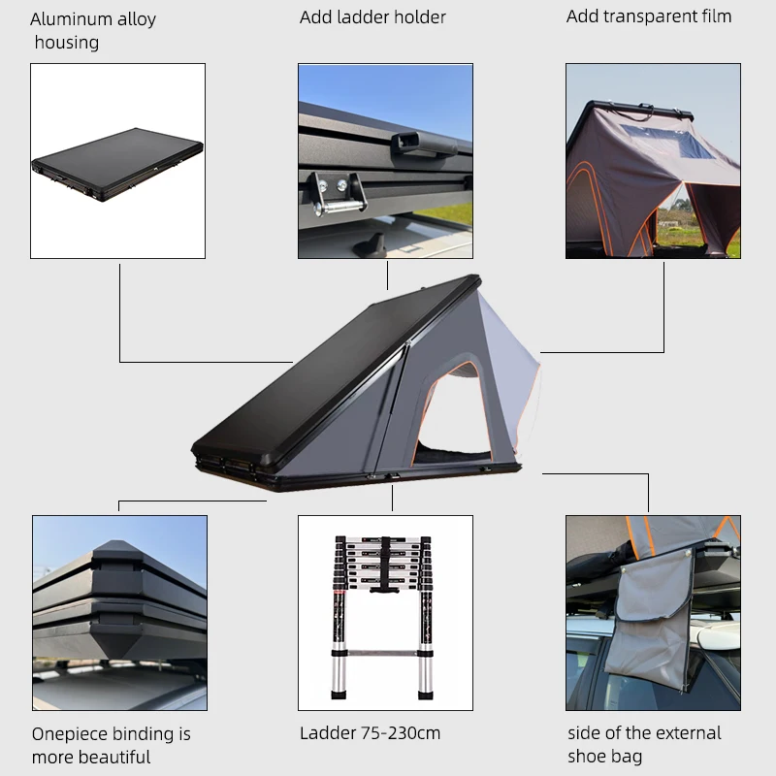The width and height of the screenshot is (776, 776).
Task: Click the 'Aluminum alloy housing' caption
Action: tap(93, 30)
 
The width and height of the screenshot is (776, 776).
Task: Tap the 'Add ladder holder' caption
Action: tap(372, 17)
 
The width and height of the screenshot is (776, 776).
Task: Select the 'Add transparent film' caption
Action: tap(648, 16)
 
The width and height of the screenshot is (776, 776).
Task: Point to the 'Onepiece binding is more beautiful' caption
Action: tap(112, 745)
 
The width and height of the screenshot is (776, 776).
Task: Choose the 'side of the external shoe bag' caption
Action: tap(644, 744)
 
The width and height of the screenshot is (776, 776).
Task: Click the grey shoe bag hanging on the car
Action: tap(652, 621)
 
